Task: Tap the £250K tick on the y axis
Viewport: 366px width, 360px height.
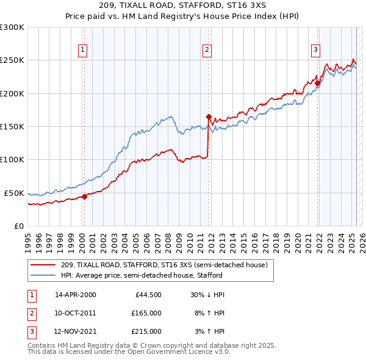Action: (12, 60)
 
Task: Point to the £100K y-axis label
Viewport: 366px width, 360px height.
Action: (12, 160)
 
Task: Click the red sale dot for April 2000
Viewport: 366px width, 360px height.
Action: (85, 196)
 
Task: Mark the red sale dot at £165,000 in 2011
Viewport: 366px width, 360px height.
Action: (209, 117)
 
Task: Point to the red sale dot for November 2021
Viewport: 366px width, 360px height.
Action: (318, 84)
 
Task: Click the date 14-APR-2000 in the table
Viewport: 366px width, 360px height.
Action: (76, 295)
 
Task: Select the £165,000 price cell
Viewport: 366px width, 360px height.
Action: (146, 313)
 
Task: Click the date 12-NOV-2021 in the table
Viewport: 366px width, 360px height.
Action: (76, 331)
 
